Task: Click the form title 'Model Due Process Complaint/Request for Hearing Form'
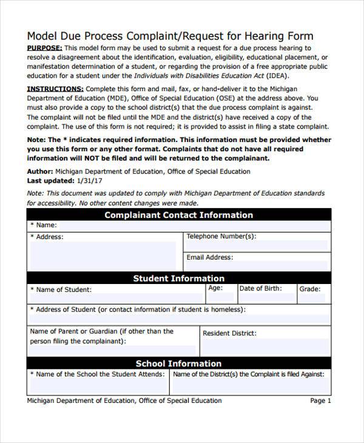(170, 35)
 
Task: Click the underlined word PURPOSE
(44, 48)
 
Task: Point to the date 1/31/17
(90, 181)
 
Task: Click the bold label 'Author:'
(41, 172)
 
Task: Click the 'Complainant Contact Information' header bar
(179, 215)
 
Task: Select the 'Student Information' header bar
(179, 279)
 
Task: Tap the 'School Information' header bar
(179, 364)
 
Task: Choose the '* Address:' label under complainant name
(47, 237)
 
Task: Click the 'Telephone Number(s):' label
(221, 236)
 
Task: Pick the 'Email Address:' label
(209, 257)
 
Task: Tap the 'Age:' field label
(215, 288)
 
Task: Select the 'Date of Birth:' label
(260, 288)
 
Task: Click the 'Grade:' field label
(310, 289)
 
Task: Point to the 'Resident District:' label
(229, 333)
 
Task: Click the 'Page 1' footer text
(321, 401)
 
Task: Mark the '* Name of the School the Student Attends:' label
(97, 374)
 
